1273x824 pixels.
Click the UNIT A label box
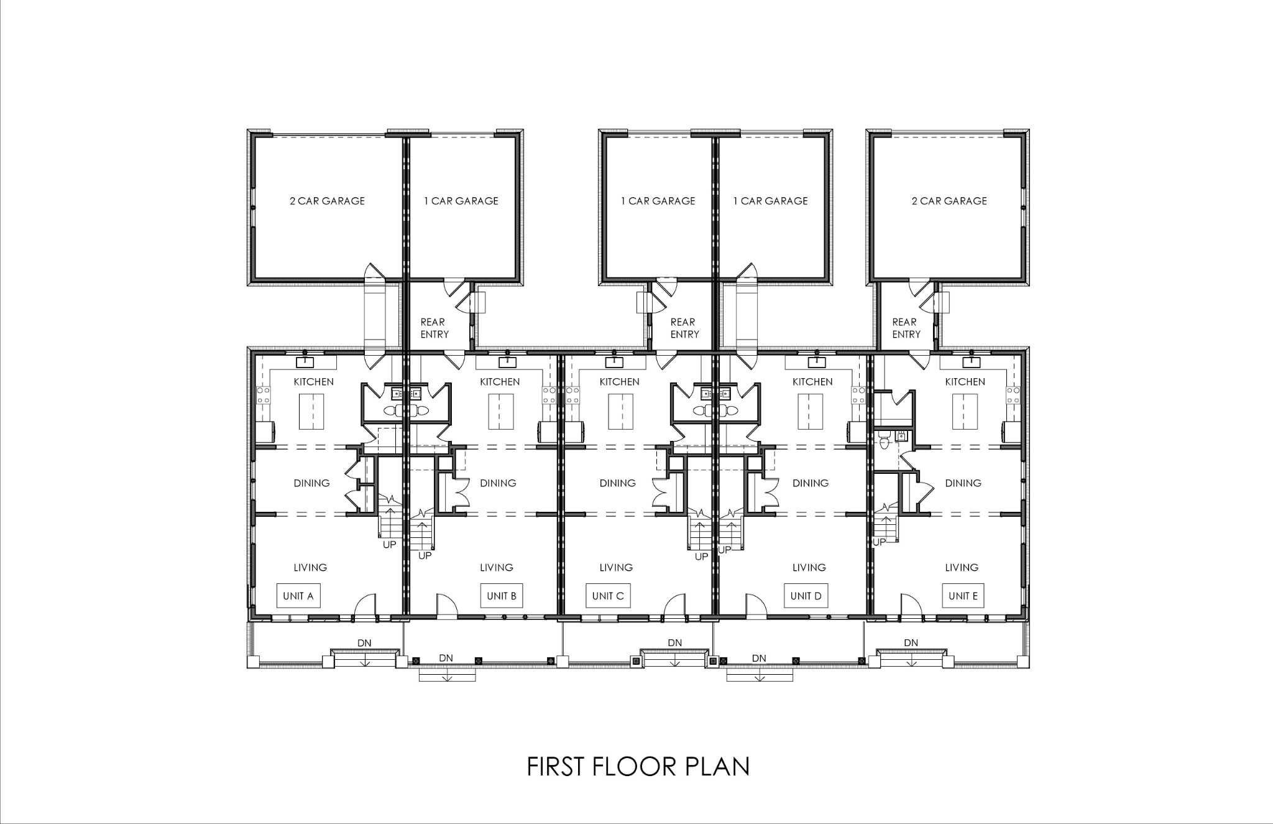click(x=298, y=596)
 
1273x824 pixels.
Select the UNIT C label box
click(x=607, y=596)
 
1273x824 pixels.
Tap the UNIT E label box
click(x=963, y=596)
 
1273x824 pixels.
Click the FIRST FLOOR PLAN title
click(x=638, y=767)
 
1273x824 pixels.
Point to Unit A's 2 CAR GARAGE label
click(x=327, y=201)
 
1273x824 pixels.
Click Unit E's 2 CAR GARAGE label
click(x=949, y=201)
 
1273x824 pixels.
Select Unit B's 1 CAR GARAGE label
click(x=461, y=201)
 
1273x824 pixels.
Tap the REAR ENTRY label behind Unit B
click(x=434, y=328)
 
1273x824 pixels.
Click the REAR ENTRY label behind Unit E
click(x=906, y=328)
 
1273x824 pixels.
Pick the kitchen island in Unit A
click(x=311, y=412)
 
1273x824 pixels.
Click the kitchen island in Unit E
click(x=965, y=412)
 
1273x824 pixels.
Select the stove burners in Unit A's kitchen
click(x=264, y=394)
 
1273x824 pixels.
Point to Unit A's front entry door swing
click(x=365, y=604)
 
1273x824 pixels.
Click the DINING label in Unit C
click(x=617, y=483)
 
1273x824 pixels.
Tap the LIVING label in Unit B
click(x=496, y=567)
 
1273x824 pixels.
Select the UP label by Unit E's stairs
click(x=879, y=542)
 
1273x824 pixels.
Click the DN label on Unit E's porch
click(x=911, y=642)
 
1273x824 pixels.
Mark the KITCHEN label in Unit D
click(x=812, y=382)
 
